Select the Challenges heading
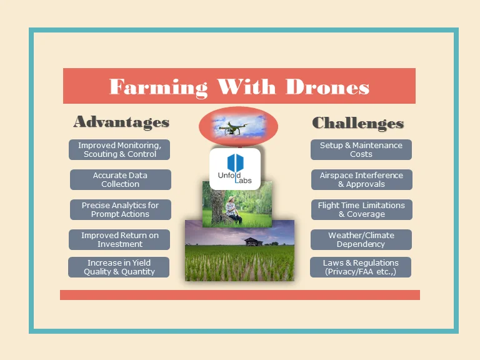coord(357,123)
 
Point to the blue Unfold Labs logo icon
coord(234,164)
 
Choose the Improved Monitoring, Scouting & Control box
coord(119,149)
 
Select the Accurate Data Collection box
coord(120,179)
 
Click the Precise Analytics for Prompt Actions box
coord(120,209)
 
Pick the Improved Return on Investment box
coord(120,239)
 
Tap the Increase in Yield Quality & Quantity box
coord(119,267)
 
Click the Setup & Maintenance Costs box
coord(361,149)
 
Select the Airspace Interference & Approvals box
coord(361,179)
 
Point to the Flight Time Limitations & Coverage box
coord(361,209)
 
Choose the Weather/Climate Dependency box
coord(361,239)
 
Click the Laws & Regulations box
coord(361,267)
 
